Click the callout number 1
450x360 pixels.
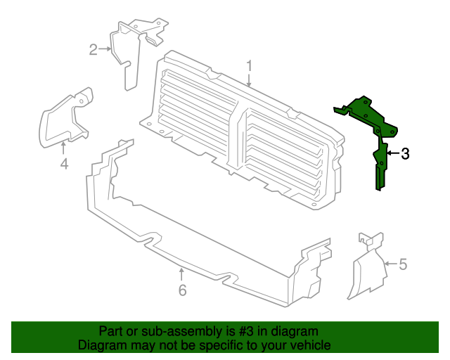(249, 65)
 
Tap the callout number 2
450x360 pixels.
(94, 49)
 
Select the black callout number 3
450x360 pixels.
(405, 154)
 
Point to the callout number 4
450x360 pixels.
(64, 164)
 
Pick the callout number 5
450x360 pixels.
(403, 264)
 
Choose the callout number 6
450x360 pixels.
(183, 290)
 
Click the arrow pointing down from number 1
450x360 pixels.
(249, 80)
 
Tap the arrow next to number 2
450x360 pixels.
(105, 49)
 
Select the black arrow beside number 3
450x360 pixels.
(393, 153)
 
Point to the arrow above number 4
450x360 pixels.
(63, 148)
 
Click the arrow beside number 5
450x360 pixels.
(391, 263)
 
